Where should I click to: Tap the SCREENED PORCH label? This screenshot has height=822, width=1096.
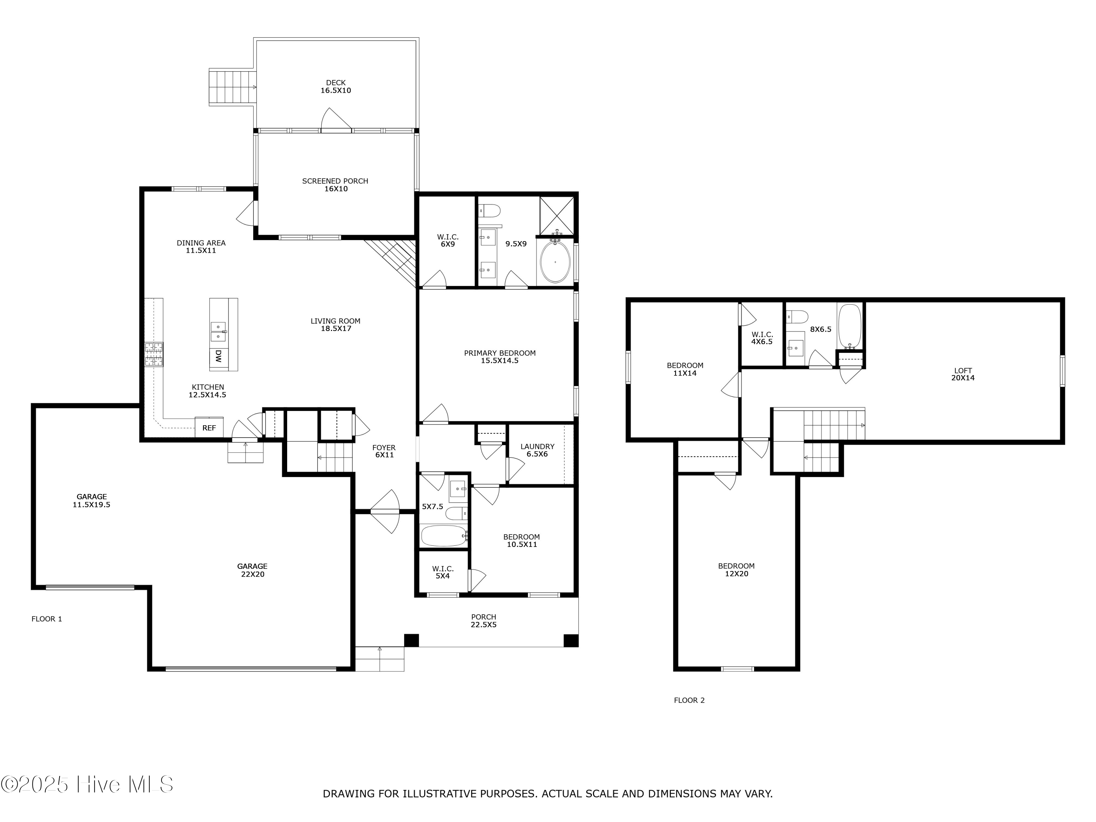click(335, 185)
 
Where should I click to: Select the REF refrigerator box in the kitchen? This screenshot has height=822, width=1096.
click(209, 427)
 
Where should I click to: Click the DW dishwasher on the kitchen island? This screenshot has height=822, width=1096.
click(218, 356)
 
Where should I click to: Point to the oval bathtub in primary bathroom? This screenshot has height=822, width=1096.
click(555, 262)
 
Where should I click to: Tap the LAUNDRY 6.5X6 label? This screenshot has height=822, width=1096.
click(537, 450)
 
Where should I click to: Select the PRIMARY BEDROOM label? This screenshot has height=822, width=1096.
click(499, 357)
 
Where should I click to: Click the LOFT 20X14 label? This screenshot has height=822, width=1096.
click(963, 374)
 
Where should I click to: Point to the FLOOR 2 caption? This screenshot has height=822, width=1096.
click(689, 700)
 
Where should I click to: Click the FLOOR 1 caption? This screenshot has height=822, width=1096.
click(46, 619)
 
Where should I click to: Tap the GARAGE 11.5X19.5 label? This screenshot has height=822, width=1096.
click(91, 501)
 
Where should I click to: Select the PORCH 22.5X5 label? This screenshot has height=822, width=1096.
click(484, 621)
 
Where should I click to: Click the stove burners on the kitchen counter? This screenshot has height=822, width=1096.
click(153, 354)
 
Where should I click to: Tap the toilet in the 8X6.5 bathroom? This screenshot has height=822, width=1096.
click(798, 316)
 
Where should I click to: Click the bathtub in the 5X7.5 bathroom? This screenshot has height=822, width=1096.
click(444, 536)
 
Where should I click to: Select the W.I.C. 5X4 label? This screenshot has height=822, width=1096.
click(442, 572)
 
